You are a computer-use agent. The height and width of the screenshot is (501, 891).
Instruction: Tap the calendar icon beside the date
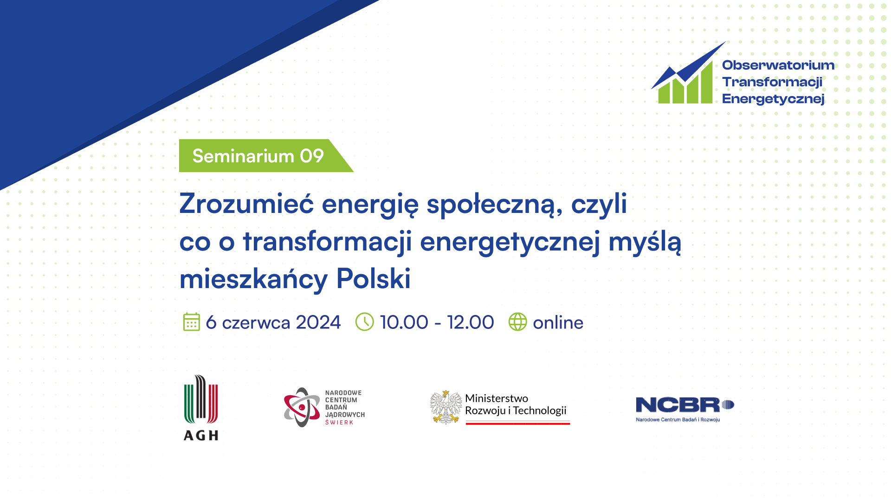(x=191, y=322)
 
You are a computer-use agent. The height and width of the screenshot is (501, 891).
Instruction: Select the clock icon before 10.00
(x=364, y=322)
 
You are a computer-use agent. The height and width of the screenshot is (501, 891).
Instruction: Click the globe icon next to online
(x=517, y=322)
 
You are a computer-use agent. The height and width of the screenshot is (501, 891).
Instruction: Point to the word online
(x=558, y=322)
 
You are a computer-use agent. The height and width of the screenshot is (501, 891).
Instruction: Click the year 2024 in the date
(x=318, y=322)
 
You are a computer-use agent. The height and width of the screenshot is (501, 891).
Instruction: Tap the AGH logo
(x=201, y=407)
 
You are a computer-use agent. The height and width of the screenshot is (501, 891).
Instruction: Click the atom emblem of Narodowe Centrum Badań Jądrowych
(x=302, y=407)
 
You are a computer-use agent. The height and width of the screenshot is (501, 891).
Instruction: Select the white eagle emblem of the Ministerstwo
(x=445, y=407)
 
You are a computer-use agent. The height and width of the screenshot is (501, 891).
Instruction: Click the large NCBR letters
(x=678, y=405)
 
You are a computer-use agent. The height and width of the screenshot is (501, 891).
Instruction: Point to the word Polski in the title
(x=374, y=279)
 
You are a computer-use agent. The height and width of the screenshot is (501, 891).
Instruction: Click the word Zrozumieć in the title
(x=246, y=204)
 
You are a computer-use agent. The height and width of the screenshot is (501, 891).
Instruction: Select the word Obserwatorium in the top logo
(x=778, y=65)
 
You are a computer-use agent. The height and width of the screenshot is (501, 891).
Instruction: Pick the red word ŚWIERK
(x=339, y=422)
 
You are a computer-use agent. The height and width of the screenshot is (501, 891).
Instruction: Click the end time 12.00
(x=471, y=322)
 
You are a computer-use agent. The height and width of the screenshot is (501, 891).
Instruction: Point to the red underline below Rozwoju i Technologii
(x=518, y=423)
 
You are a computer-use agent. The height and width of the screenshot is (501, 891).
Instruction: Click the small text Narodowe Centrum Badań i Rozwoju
(x=678, y=420)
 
